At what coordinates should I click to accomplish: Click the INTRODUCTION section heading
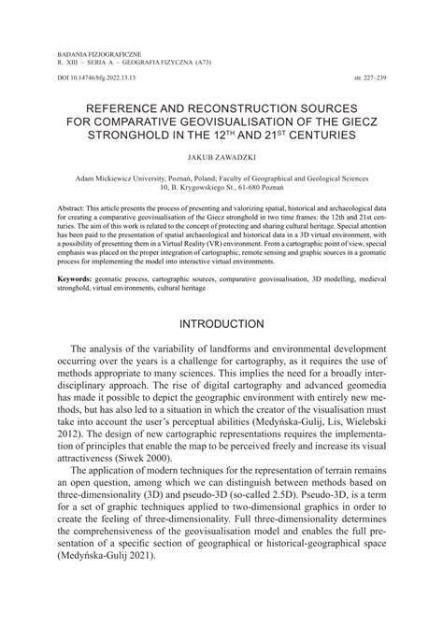[221, 324]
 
